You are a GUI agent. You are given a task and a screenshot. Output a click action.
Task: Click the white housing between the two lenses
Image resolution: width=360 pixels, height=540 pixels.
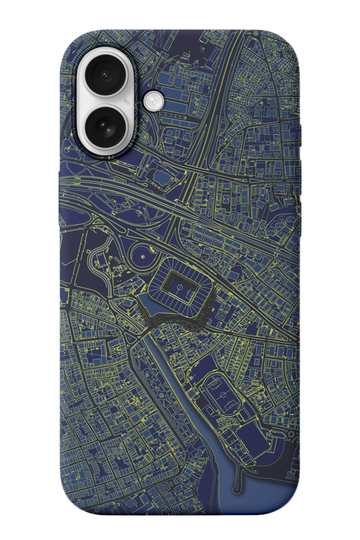pyautogui.click(x=108, y=101)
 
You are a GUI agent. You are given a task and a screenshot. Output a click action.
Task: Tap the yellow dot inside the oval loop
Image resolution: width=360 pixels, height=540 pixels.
pyautogui.click(x=140, y=256)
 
